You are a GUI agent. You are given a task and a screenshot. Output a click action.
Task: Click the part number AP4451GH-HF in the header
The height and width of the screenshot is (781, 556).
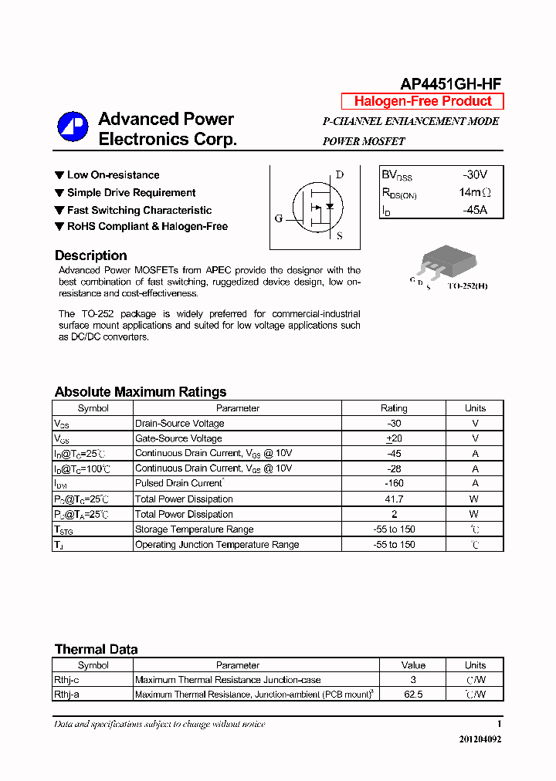point(451,84)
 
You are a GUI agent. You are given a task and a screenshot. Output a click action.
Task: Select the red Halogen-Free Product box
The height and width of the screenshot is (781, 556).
point(422,101)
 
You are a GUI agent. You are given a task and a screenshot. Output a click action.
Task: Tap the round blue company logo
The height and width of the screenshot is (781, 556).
point(73,127)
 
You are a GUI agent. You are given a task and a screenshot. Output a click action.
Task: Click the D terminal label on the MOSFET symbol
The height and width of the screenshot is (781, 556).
point(339,174)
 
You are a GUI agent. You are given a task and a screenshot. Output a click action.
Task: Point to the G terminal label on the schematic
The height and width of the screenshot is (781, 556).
point(278,218)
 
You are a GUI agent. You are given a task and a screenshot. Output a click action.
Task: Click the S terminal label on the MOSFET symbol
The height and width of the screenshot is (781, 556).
point(340,236)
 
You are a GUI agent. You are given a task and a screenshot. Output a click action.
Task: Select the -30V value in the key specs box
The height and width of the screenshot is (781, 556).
point(475,175)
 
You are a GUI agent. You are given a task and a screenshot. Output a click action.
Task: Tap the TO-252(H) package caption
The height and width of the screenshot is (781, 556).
point(467,286)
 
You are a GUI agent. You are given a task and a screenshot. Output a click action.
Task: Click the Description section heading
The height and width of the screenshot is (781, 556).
point(90,255)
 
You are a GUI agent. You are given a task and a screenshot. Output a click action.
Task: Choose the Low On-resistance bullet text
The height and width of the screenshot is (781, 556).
point(113,175)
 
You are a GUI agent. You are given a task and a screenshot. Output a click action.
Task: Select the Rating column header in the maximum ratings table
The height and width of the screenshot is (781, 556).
point(394,408)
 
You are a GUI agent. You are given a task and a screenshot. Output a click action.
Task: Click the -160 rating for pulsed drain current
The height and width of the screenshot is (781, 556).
point(394,483)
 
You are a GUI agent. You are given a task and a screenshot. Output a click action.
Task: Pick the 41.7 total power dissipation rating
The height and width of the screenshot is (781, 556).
point(394,499)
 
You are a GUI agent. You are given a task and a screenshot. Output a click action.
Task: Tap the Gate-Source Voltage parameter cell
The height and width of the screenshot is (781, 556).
point(179,438)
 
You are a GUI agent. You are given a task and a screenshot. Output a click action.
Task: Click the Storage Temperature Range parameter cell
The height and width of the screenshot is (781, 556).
point(194,529)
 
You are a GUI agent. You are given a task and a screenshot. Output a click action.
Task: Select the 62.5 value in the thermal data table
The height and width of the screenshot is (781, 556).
point(413,694)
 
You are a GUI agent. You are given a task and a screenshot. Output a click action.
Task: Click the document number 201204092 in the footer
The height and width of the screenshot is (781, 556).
point(480,739)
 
